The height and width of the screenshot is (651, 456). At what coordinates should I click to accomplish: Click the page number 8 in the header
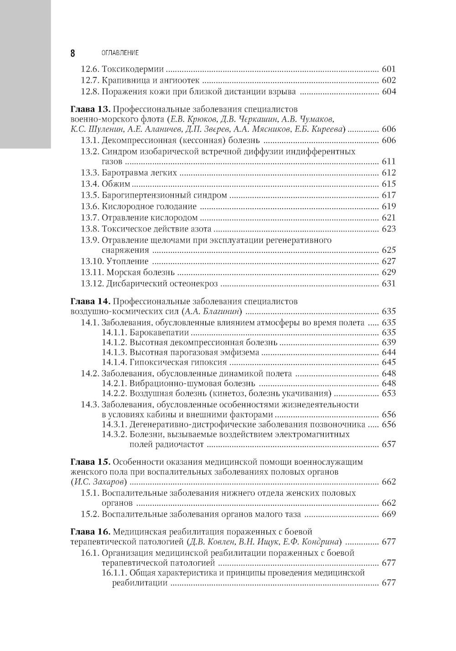(73, 53)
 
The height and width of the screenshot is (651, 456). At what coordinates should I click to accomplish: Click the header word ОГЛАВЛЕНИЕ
(120, 53)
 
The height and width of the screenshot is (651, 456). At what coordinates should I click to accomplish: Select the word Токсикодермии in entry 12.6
(133, 70)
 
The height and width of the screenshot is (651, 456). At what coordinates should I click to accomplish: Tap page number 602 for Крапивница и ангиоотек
(389, 81)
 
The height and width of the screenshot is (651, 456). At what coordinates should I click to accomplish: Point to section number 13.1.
(90, 140)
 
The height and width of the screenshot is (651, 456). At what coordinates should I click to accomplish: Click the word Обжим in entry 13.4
(116, 184)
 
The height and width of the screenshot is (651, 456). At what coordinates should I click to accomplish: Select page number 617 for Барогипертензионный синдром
(389, 195)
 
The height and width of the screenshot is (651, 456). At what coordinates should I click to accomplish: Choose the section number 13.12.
(92, 284)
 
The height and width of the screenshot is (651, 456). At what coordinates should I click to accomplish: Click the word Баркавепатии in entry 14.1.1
(155, 333)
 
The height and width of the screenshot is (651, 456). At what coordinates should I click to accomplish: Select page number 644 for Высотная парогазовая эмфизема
(389, 352)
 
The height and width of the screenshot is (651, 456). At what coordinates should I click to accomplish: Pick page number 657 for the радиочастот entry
(389, 444)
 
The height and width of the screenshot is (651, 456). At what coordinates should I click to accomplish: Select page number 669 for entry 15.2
(389, 514)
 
